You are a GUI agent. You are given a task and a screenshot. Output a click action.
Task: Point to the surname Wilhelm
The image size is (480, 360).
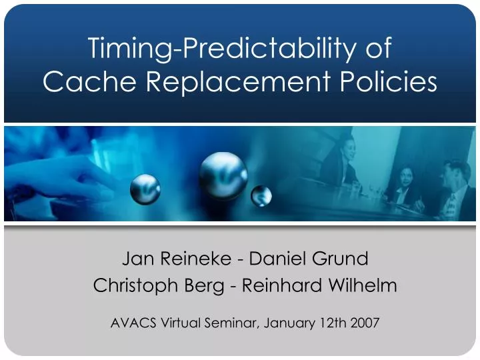363,286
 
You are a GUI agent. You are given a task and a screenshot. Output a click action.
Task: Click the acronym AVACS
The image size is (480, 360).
131,323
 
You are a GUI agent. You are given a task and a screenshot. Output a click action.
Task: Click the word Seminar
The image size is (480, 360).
233,323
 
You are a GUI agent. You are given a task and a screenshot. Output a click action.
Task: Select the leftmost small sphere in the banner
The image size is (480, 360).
145,189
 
